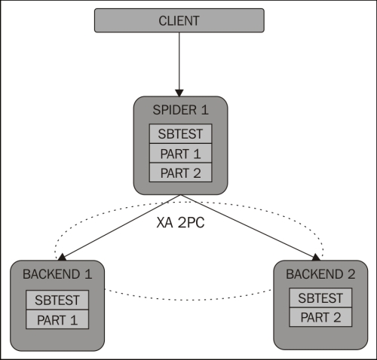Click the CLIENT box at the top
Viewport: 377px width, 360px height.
pyautogui.click(x=180, y=20)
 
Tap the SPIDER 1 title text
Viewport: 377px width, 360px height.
pyautogui.click(x=180, y=110)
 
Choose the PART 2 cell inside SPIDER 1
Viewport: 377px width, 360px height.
pyautogui.click(x=180, y=172)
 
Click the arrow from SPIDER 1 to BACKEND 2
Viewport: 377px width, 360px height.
pyautogui.click(x=245, y=226)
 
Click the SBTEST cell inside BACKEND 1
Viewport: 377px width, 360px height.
pyautogui.click(x=57, y=300)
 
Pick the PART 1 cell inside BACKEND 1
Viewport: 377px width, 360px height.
pyautogui.click(x=57, y=319)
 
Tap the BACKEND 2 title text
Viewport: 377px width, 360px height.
pyautogui.click(x=320, y=274)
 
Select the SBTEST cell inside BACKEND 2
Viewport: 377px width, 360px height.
pyautogui.click(x=320, y=298)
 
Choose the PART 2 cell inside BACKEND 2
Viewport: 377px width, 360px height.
pyautogui.click(x=320, y=317)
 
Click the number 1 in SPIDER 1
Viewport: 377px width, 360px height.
pyautogui.click(x=203, y=110)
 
